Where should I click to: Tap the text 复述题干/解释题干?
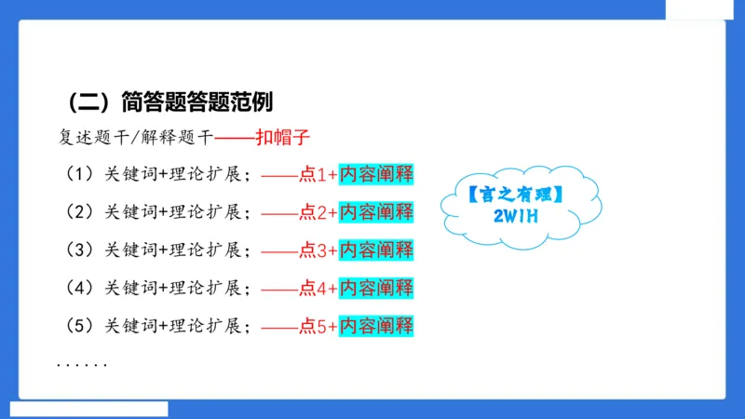(135, 138)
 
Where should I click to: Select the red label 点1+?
(317, 175)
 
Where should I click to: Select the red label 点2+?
(317, 212)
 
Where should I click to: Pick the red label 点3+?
(317, 250)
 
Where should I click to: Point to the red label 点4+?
(317, 289)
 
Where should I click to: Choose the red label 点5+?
(317, 327)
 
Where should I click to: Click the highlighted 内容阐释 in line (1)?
(376, 175)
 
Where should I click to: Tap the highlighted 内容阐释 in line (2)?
(376, 212)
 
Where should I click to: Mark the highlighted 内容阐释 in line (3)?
(376, 250)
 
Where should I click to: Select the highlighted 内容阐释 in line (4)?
(376, 289)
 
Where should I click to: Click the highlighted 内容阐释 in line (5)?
(376, 327)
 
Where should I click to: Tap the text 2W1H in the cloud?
(519, 216)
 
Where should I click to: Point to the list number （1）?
(76, 175)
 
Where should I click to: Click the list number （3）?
(76, 250)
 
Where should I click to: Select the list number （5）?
(76, 327)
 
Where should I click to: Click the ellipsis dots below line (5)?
(82, 364)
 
